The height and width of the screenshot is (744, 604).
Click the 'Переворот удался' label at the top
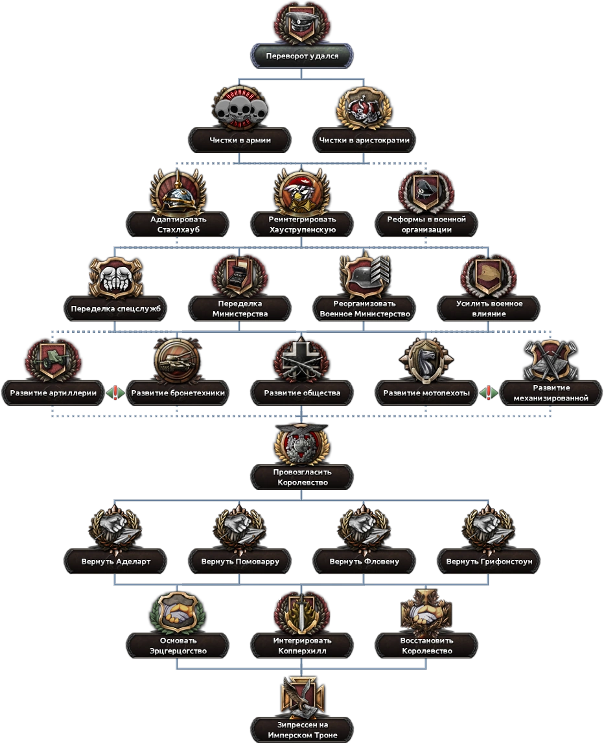coord(302,56)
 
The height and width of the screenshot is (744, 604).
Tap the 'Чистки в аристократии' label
coord(364,140)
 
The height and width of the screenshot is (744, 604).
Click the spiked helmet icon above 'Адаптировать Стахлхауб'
coord(178,192)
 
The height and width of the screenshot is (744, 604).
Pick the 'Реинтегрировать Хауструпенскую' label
coord(302,224)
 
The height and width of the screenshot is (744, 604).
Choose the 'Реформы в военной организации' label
coord(426,224)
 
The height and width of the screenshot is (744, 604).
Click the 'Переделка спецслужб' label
coord(115,308)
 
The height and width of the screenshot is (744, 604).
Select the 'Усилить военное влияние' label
coord(489,308)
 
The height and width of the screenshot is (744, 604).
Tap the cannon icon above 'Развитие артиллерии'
coord(52,360)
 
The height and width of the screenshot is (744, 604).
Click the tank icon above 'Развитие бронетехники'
coord(178,360)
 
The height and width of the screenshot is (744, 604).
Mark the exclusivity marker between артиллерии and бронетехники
coord(115,393)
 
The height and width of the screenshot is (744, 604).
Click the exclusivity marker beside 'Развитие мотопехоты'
coord(489,393)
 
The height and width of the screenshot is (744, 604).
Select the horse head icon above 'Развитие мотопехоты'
coord(426,360)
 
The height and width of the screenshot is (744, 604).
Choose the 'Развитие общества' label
coord(302,393)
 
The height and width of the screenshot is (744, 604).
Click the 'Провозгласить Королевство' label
coord(302,478)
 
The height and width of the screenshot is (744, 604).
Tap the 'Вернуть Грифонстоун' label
coord(489,561)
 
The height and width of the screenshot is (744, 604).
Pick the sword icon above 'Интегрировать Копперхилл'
coord(302,614)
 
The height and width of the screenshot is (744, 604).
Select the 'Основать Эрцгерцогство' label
coord(178,645)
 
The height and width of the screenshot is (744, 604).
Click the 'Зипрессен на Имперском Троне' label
coord(302,730)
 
